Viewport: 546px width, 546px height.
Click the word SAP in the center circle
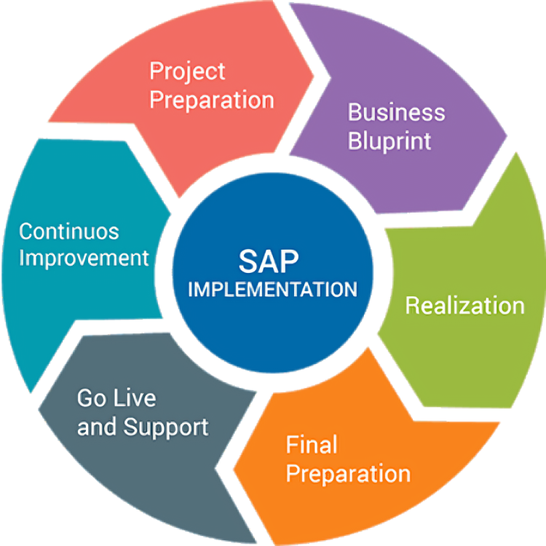pyautogui.click(x=269, y=261)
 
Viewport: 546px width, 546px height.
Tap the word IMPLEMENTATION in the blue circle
pyautogui.click(x=273, y=289)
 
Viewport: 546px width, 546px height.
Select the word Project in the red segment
pyautogui.click(x=187, y=72)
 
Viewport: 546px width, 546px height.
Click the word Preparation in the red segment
pyautogui.click(x=212, y=100)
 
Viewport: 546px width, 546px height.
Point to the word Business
pyautogui.click(x=397, y=112)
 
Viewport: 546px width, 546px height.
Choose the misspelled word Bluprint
pyautogui.click(x=389, y=141)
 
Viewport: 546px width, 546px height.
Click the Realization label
pyautogui.click(x=465, y=306)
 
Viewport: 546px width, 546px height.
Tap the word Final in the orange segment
pyautogui.click(x=312, y=444)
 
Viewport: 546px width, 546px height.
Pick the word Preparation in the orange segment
pyautogui.click(x=348, y=474)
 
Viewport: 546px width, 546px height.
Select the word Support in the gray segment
pyautogui.click(x=166, y=427)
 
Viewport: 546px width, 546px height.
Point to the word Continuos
pyautogui.click(x=69, y=232)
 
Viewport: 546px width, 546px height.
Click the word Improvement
pyautogui.click(x=84, y=258)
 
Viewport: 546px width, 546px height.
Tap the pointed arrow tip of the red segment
pyautogui.click(x=314, y=76)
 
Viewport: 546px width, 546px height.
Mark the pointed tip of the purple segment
pyautogui.click(x=506, y=136)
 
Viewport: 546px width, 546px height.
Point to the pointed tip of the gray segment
pyautogui.click(x=39, y=409)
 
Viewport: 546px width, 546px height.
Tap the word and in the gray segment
pyautogui.click(x=97, y=427)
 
